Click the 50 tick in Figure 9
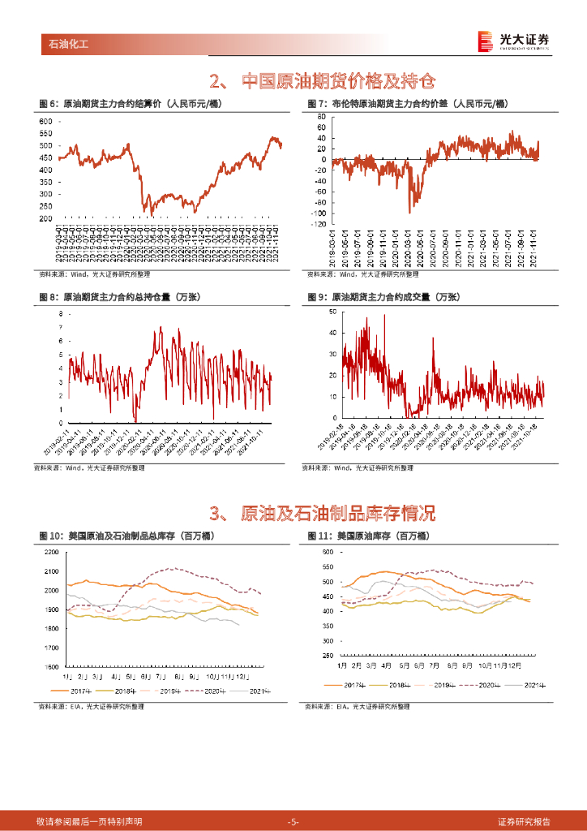point(332,312)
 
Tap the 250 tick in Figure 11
point(328,656)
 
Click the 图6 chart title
point(130,103)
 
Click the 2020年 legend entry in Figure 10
point(209,691)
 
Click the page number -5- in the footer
point(293,821)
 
